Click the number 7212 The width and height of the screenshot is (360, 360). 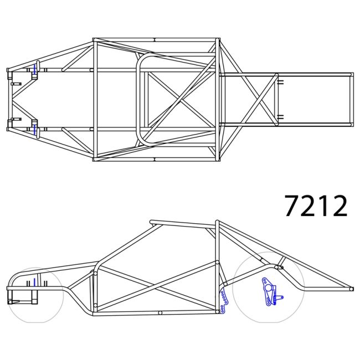pyautogui.click(x=316, y=206)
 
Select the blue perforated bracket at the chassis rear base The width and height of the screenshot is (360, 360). pyautogui.click(x=225, y=301)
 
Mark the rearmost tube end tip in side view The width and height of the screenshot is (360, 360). pyautogui.click(x=351, y=289)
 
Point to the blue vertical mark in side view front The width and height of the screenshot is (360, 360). pyautogui.click(x=34, y=282)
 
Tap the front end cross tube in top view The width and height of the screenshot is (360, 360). pyautogui.click(x=8, y=100)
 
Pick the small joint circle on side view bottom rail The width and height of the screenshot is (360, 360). pyautogui.click(x=160, y=313)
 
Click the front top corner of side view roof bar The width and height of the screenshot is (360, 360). pyautogui.click(x=152, y=223)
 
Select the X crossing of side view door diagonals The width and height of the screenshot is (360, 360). pyautogui.click(x=156, y=286)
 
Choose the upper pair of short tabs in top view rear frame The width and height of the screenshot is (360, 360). pyautogui.click(x=280, y=83)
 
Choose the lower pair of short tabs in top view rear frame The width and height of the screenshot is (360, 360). pyautogui.click(x=280, y=116)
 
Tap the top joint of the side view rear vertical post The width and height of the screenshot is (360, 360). pyautogui.click(x=217, y=223)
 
